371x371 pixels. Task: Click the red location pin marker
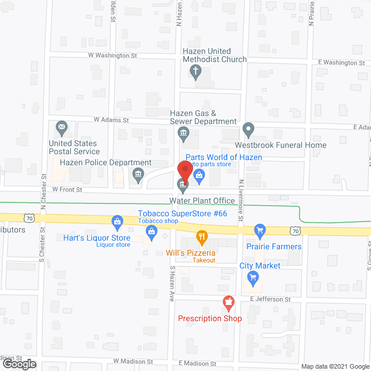pos(184,170)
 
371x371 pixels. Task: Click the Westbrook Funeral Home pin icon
pos(248,128)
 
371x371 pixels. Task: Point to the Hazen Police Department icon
pos(138,173)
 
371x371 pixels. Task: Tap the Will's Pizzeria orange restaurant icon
pos(202,237)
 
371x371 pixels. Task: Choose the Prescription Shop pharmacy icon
pos(228,303)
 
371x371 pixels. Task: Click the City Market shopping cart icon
pos(252,277)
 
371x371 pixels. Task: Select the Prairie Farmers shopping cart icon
pos(260,231)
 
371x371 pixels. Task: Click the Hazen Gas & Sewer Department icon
pos(183,134)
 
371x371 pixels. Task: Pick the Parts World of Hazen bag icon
pos(199,180)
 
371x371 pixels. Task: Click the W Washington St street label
pos(112,56)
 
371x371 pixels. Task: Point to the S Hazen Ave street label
pos(172,284)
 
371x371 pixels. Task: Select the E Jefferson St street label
pos(270,299)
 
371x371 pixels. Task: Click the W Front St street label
pos(67,190)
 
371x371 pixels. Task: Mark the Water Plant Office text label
pos(202,201)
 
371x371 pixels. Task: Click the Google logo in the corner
pos(19,364)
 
